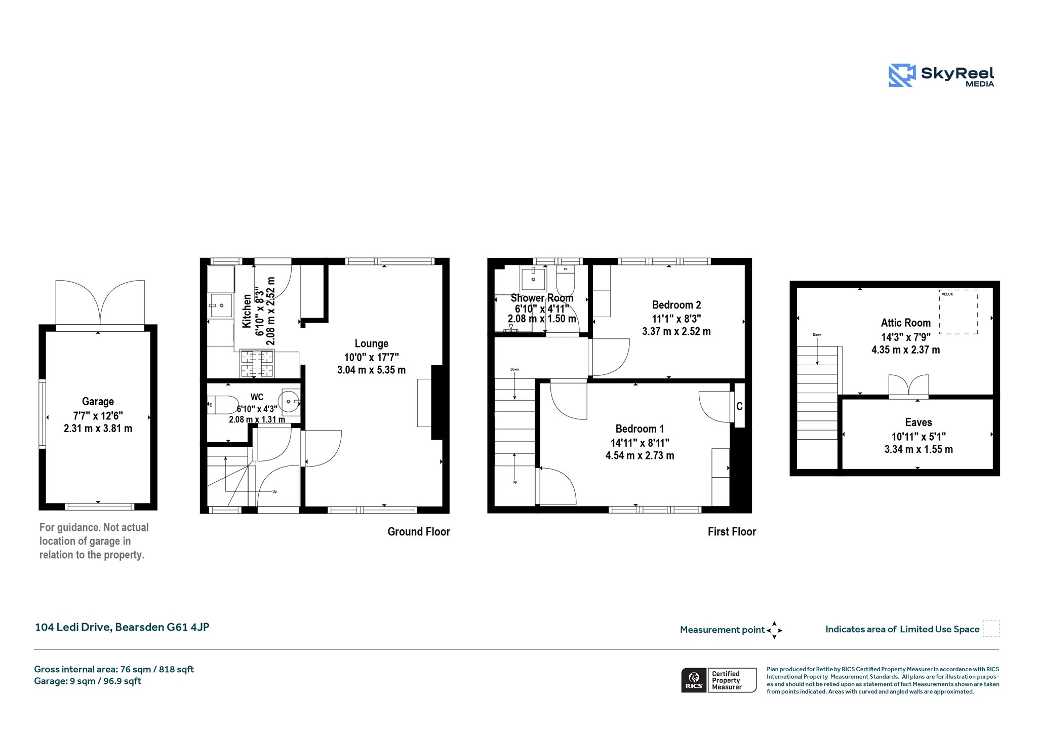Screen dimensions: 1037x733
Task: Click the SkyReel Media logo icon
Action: [x=902, y=75]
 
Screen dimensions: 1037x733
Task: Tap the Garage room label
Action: [x=98, y=402]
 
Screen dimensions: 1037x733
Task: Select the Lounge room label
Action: [x=371, y=343]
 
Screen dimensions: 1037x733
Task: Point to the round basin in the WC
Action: [x=290, y=401]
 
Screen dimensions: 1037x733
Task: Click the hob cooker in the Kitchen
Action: [x=257, y=364]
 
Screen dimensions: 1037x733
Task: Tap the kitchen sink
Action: [x=221, y=305]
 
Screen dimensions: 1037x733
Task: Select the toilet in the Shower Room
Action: [x=565, y=281]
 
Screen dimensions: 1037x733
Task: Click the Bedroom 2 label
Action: [x=676, y=305]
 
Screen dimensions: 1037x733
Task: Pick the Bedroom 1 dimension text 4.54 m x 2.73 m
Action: [x=640, y=455]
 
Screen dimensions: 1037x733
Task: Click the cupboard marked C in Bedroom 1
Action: [x=739, y=406]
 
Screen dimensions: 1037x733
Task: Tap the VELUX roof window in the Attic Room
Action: [x=959, y=312]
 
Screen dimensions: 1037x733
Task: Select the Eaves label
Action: [x=918, y=422]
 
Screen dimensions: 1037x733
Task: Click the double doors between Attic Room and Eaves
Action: [x=908, y=386]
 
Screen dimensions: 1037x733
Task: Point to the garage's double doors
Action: [x=100, y=303]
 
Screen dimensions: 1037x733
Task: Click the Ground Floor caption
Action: [x=418, y=531]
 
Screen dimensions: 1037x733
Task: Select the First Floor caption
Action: [x=732, y=531]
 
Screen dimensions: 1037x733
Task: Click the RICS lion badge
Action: [x=694, y=680]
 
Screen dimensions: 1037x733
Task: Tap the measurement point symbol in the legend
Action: [x=774, y=630]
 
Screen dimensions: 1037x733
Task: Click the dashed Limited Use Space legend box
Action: [x=991, y=629]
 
